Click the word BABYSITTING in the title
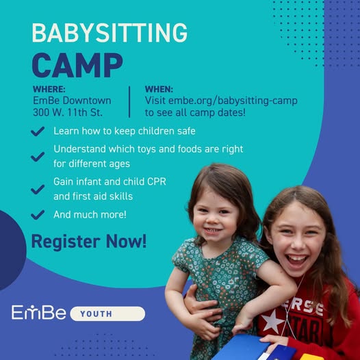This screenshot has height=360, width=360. coord(110,33)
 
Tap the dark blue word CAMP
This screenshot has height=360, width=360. coord(77,66)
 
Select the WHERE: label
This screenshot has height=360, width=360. coord(49,89)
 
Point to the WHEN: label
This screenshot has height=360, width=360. coord(159,89)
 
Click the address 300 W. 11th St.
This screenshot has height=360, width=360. coord(68,112)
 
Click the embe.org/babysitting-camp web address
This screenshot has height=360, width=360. coord(233,101)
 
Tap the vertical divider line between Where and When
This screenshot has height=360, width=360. coord(129,102)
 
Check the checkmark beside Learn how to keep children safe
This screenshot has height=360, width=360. coord(38,131)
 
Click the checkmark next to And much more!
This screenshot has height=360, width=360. coord(38,215)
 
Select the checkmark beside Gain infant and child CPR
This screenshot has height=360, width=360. coord(38,190)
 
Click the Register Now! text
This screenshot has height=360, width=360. coord(88,242)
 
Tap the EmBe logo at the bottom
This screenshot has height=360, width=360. coord(38,312)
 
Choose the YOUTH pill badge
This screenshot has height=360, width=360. coord(107,313)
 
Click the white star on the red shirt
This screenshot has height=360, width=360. coord(272,322)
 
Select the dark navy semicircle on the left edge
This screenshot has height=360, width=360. coord(12,250)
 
